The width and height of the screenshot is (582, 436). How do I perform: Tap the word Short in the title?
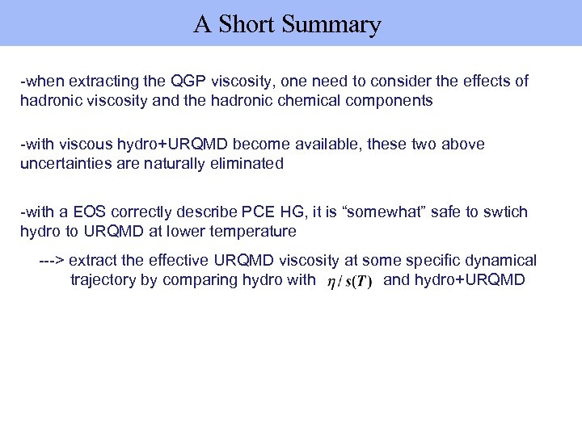coord(247,25)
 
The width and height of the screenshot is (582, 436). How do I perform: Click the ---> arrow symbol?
coord(53,261)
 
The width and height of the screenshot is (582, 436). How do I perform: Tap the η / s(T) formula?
coord(349,283)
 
